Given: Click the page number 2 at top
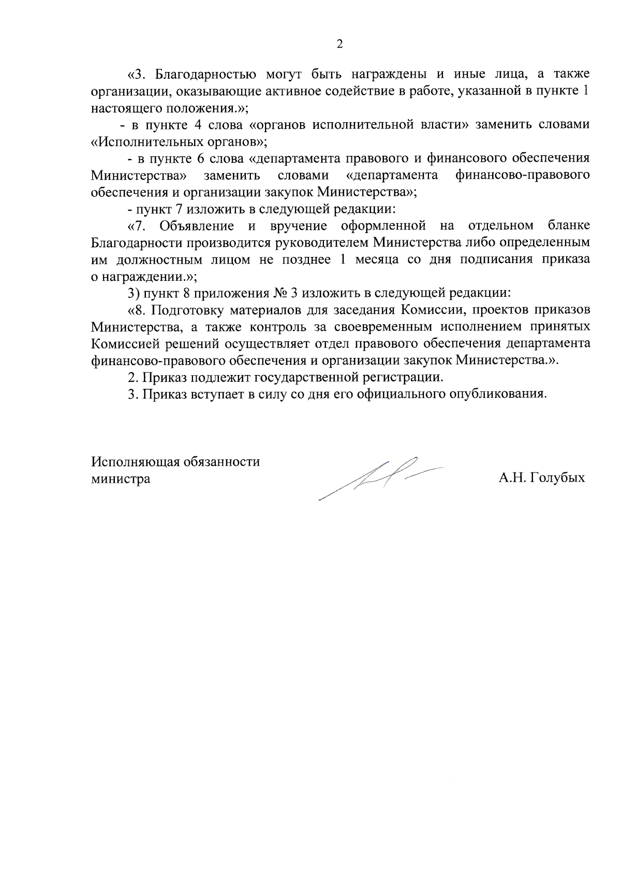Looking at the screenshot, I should [x=339, y=45].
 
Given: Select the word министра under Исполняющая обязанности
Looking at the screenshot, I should [x=121, y=479].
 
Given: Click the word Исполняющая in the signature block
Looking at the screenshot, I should [x=135, y=462].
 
